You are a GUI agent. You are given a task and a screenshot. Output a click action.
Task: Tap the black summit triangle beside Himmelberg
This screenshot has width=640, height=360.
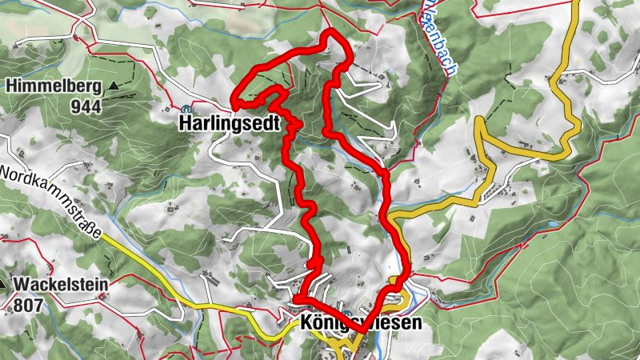click(114, 85)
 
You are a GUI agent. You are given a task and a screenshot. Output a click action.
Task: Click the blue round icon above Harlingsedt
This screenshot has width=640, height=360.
click(186, 109)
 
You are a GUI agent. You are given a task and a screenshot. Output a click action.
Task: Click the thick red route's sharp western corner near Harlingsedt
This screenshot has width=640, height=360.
click(234, 102)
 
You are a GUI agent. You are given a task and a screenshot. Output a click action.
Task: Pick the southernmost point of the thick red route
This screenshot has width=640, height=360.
click(362, 330)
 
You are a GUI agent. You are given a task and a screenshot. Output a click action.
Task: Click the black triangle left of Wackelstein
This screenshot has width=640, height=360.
click(3, 283)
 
